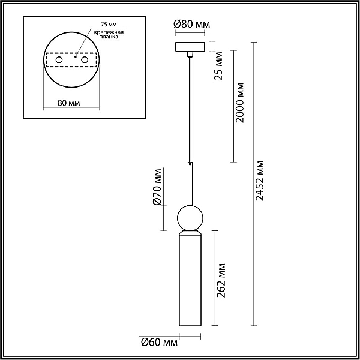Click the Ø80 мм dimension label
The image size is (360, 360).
pyautogui.click(x=192, y=24)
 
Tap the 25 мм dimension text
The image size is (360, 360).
pyautogui.click(x=218, y=66)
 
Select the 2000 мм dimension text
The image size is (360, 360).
pyautogui.click(x=240, y=103)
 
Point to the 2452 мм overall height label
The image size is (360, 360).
pyautogui.click(x=260, y=181)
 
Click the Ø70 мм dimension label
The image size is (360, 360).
pyautogui.click(x=157, y=187)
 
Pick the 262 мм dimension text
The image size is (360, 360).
pyautogui.click(x=221, y=280)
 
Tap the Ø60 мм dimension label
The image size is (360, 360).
pyautogui.click(x=159, y=343)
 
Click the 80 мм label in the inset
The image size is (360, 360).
pyautogui.click(x=69, y=103)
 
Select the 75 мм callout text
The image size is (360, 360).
pyautogui.click(x=109, y=25)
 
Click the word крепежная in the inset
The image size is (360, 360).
pyautogui.click(x=109, y=32)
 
